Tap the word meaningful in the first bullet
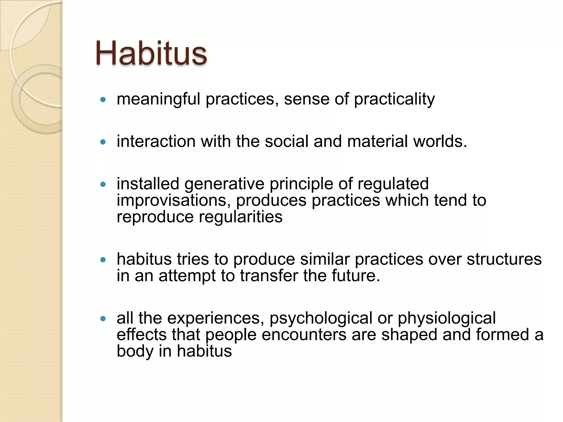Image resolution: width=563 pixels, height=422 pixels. pyautogui.click(x=158, y=99)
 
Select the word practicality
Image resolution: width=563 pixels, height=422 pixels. pyautogui.click(x=394, y=99)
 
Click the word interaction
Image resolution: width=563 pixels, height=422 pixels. pyautogui.click(x=156, y=141)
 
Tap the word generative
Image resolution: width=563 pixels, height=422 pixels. pyautogui.click(x=224, y=184)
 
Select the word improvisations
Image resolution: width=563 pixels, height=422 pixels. pyautogui.click(x=173, y=200)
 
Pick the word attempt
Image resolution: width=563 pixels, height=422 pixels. pyautogui.click(x=187, y=276)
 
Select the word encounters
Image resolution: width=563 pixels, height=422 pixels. pyautogui.click(x=304, y=335)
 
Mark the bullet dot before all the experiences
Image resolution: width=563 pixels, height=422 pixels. pyautogui.click(x=103, y=319)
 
